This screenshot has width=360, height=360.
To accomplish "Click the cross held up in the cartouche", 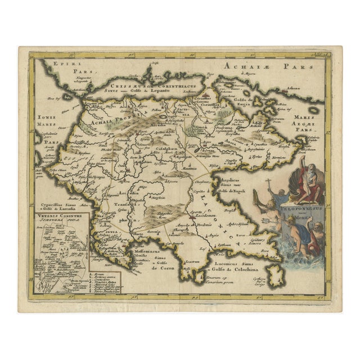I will pyautogui.click(x=268, y=182).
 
